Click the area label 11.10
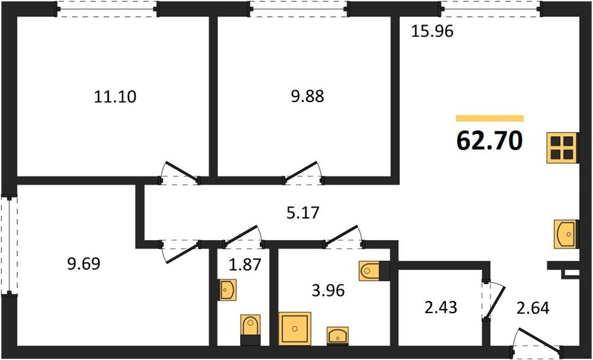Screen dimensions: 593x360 click(x=115, y=97)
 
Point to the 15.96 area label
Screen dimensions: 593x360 click(x=432, y=31)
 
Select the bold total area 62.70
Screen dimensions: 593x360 click(x=489, y=140)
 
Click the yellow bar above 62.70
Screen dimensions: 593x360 click(x=490, y=118)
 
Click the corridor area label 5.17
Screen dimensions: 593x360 click(x=303, y=212)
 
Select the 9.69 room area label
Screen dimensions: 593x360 click(x=83, y=263)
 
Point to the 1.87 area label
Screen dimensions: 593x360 click(x=245, y=265)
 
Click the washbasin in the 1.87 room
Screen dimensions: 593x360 click(x=227, y=290)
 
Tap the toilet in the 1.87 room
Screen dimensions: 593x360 click(x=250, y=329)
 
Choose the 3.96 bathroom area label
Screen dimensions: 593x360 click(x=328, y=290)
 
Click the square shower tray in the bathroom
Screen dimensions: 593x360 click(x=295, y=328)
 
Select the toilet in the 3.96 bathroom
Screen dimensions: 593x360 click(x=374, y=271)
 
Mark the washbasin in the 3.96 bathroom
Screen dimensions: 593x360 click(x=338, y=335)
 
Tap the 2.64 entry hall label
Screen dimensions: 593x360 click(x=533, y=308)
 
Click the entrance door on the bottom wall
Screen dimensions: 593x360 click(x=536, y=341)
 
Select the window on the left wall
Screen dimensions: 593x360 click(x=9, y=245)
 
